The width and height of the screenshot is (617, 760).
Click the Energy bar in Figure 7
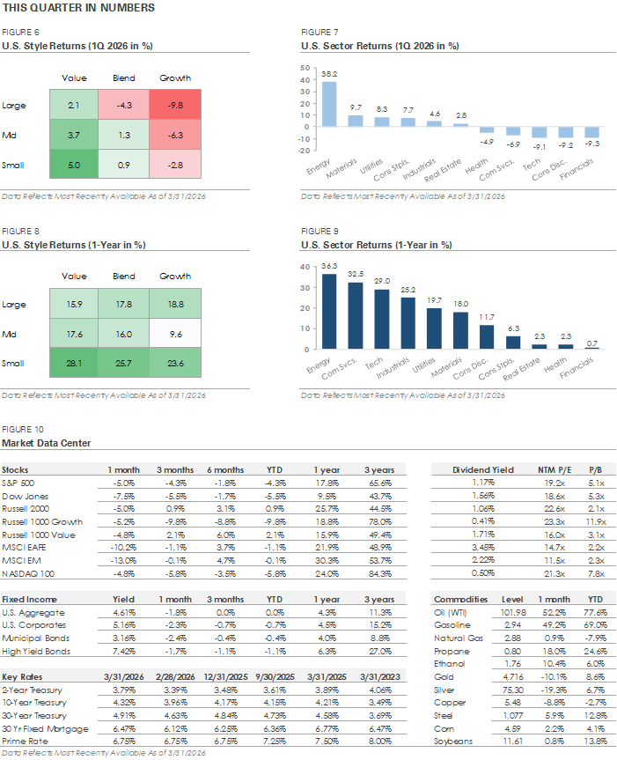pos(328,104)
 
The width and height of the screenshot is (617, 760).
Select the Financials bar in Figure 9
pos(592,349)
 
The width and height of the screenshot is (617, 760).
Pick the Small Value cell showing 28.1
pos(72,363)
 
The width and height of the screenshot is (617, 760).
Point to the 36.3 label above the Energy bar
pos(328,268)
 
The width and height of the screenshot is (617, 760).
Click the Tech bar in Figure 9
pos(381,320)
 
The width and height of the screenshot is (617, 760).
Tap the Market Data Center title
pos(46,442)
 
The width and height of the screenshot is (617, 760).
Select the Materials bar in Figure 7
pos(355,121)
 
